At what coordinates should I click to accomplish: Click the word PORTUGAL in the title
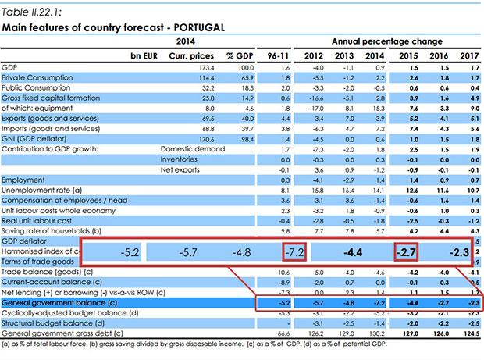tap(201, 27)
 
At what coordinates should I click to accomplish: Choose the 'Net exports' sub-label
tap(177, 168)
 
